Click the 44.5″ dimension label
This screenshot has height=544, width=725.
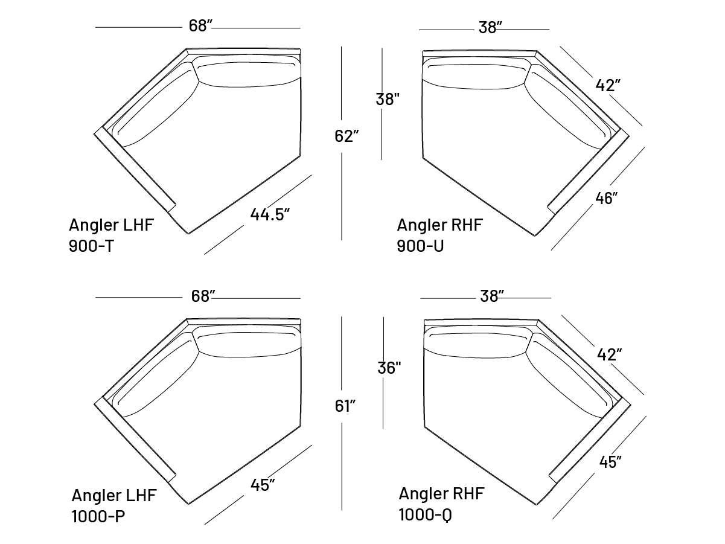[x=270, y=214]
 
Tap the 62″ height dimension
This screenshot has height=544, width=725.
[x=347, y=136]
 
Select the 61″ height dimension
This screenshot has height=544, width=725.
[x=345, y=406]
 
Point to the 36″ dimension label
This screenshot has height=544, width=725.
[x=389, y=368]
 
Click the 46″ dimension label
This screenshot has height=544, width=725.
[x=607, y=199]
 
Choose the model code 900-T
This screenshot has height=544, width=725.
[x=91, y=246]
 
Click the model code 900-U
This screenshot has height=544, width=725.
[x=420, y=246]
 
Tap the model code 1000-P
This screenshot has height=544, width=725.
[x=98, y=516]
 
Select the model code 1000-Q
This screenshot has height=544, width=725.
[x=426, y=515]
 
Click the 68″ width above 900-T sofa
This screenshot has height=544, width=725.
[x=200, y=26]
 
